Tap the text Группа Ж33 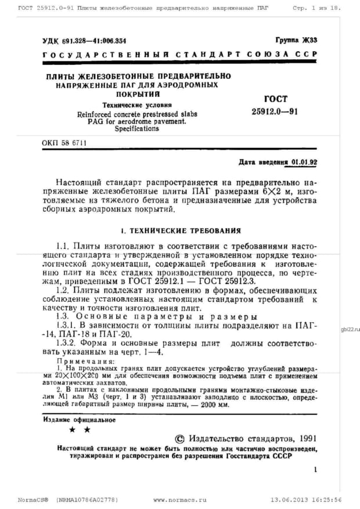tap(296, 40)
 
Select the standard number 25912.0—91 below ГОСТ tap(275, 111)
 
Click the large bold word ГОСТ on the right tap(275, 99)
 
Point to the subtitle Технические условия tap(137, 106)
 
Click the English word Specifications tap(136, 129)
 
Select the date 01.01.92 tap(304, 163)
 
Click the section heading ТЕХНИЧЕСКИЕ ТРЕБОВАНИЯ tap(184, 230)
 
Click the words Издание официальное tap(79, 420)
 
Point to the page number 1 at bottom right tap(315, 471)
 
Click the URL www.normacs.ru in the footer tap(180, 499)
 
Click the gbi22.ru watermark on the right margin tap(350, 329)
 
